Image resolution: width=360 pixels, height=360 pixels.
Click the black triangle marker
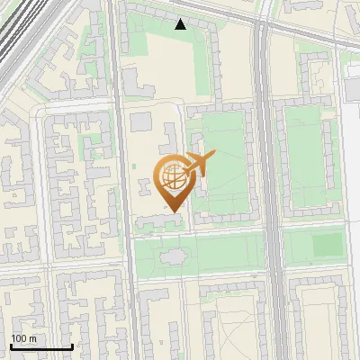tap(181, 24)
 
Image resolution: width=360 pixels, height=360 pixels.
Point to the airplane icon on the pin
tap(197, 165)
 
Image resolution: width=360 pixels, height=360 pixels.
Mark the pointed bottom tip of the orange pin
tap(172, 211)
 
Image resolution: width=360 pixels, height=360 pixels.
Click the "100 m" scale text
tap(24, 338)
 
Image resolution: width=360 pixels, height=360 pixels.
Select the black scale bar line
tap(40, 346)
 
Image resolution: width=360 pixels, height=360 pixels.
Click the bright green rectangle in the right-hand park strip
tap(328, 244)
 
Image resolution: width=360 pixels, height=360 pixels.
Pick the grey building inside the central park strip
tap(173, 258)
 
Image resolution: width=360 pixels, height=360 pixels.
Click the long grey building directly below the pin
tap(162, 220)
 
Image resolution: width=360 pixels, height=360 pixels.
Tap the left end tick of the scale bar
tap(11, 346)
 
